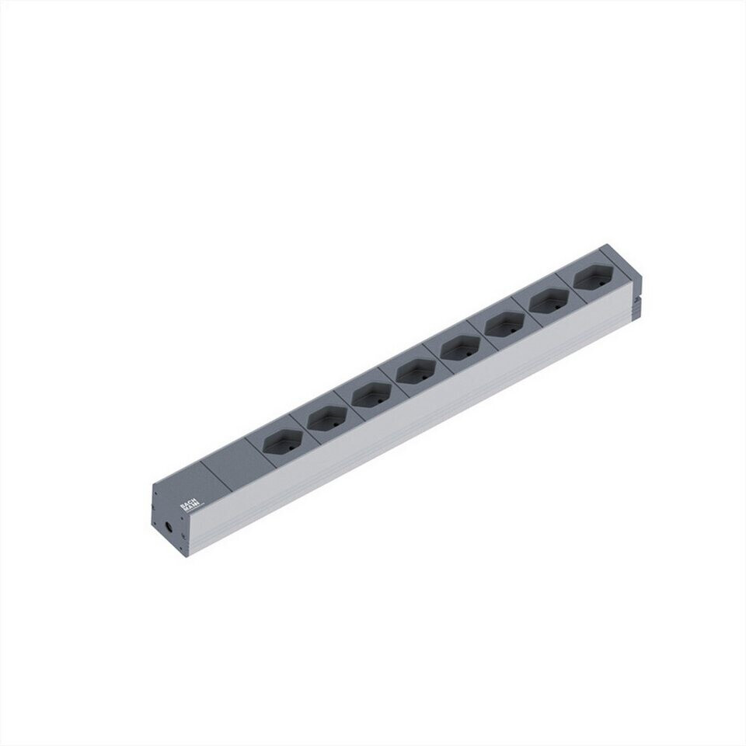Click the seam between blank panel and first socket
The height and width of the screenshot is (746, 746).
(253, 455)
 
